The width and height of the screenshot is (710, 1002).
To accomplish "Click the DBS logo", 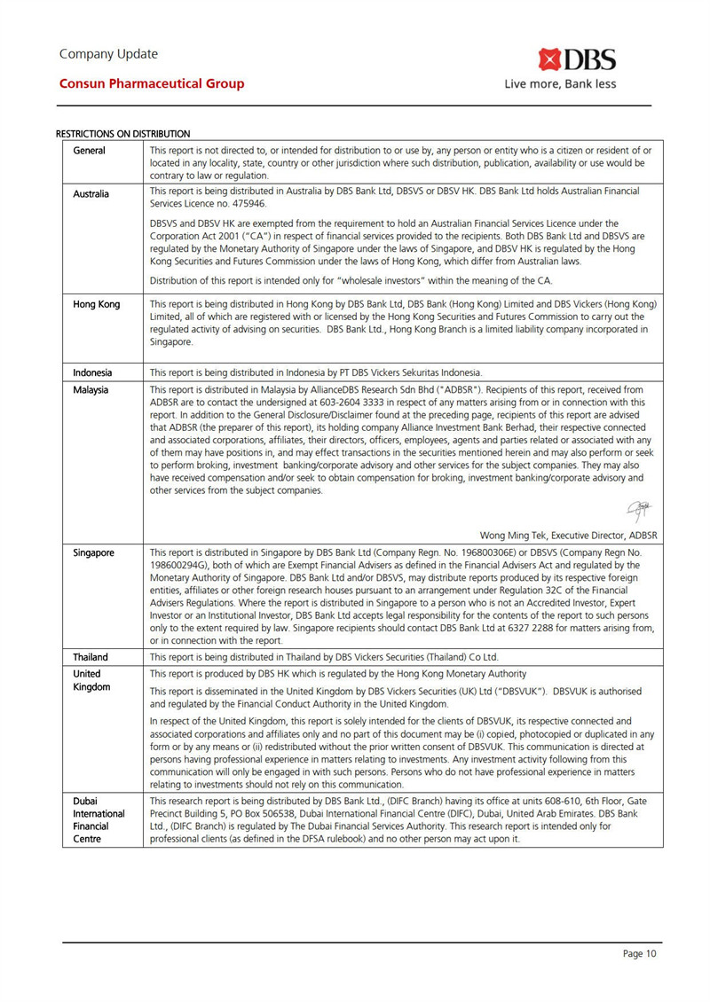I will click(x=577, y=60).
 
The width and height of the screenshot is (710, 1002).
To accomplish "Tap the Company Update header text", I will click(x=108, y=53).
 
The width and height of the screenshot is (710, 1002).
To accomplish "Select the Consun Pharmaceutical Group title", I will click(x=152, y=84).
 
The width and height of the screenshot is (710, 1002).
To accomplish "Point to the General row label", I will click(x=90, y=151).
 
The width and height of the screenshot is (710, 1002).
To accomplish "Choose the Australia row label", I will click(x=92, y=192).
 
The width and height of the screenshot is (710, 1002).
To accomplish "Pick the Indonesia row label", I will click(x=93, y=372).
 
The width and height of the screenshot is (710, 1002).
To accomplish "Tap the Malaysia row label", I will click(x=92, y=389).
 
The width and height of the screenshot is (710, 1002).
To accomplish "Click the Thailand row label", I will click(x=91, y=657).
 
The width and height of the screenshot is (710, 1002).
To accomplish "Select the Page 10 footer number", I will click(x=639, y=954).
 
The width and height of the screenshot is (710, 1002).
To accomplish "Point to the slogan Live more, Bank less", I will click(x=560, y=85).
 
